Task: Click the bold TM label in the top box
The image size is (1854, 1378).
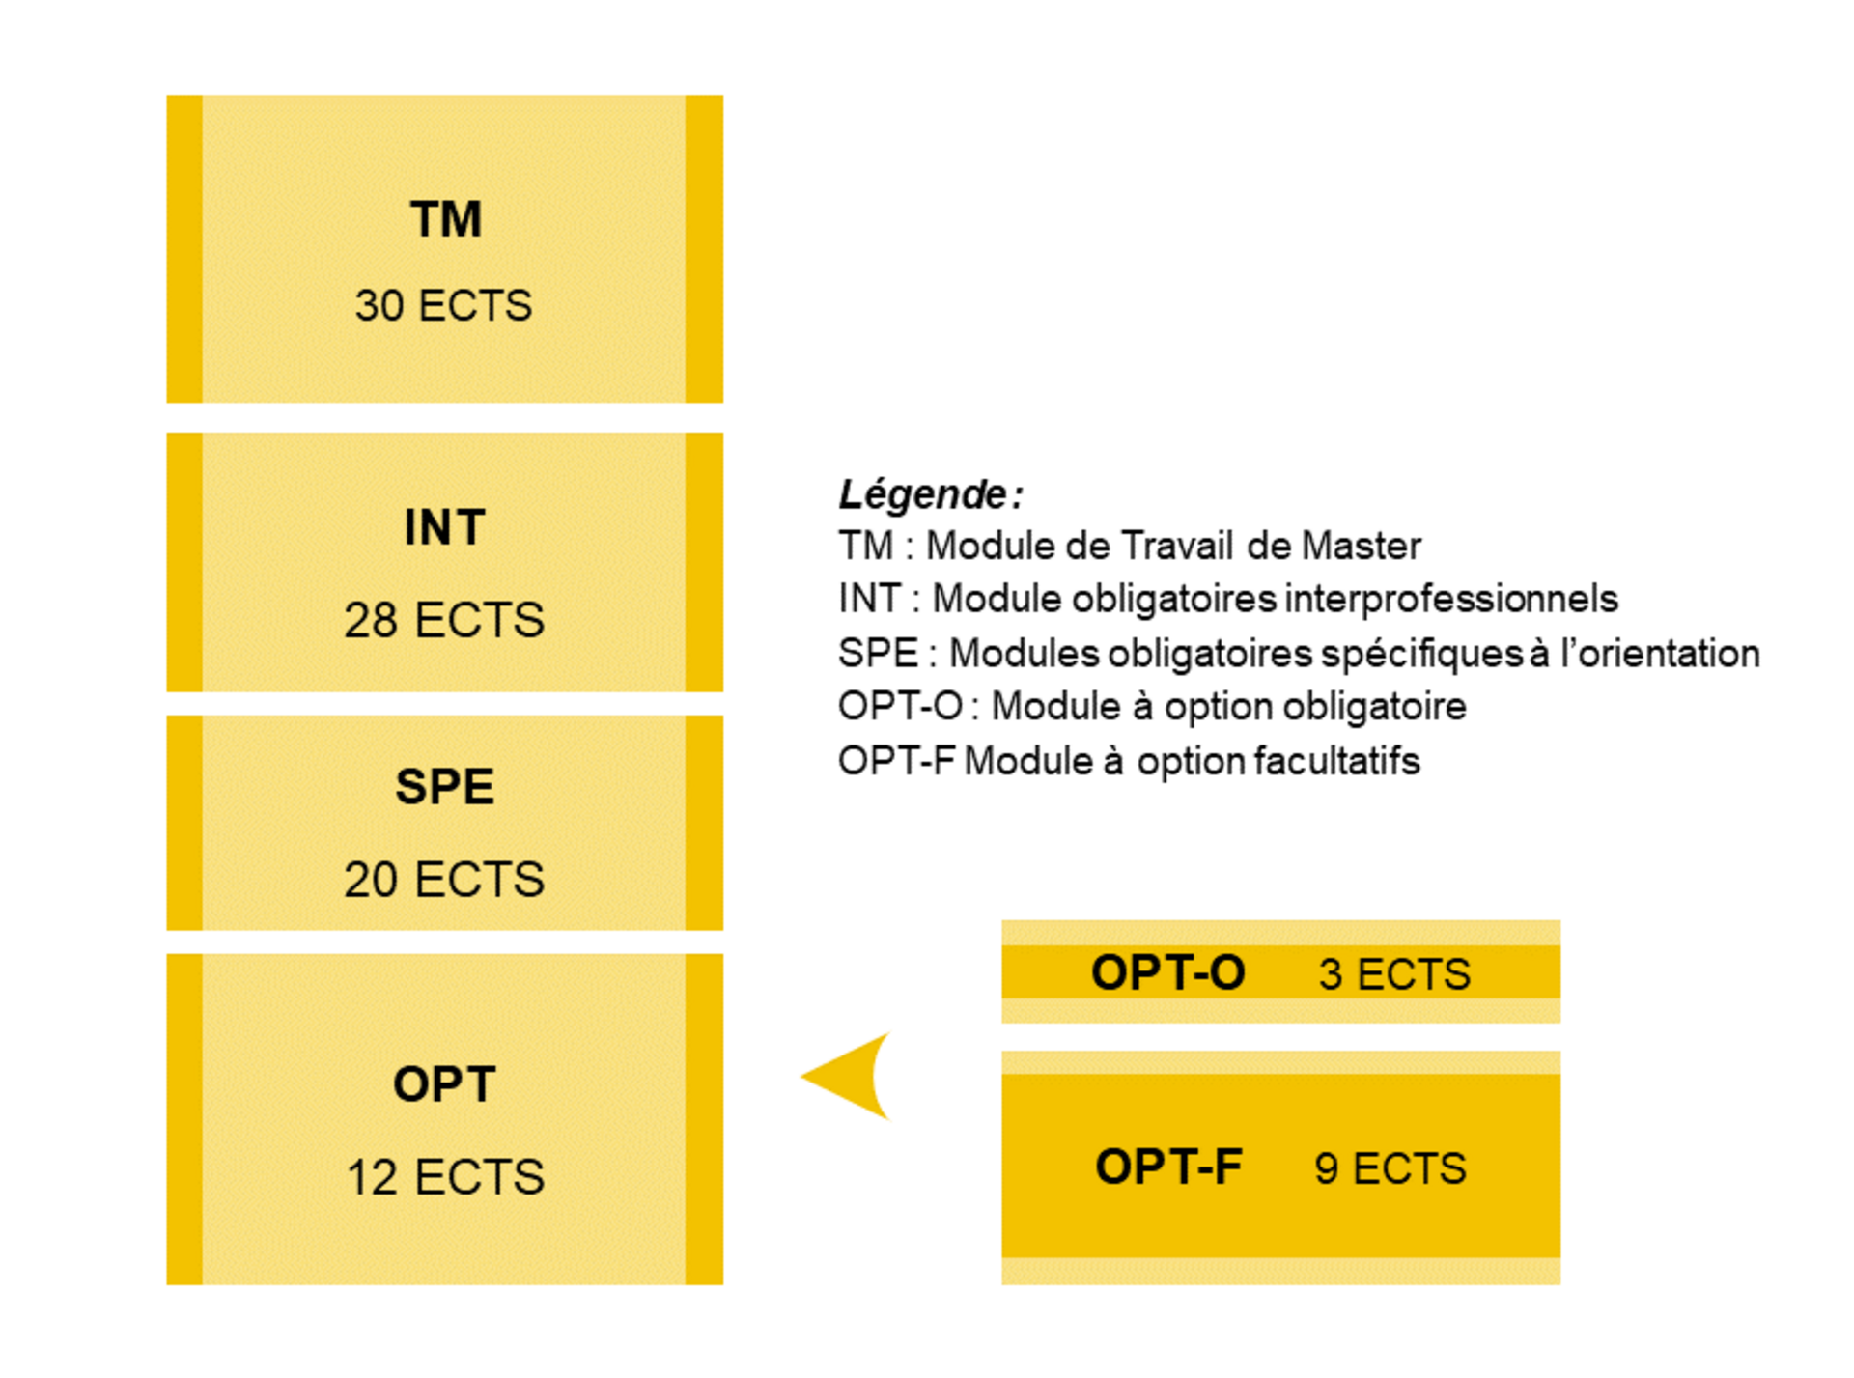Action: [x=445, y=219]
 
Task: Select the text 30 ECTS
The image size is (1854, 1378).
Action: [x=443, y=305]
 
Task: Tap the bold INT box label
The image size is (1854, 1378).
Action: [x=444, y=527]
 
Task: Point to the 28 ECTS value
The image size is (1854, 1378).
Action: [x=444, y=619]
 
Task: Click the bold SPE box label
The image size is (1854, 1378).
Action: [x=444, y=786]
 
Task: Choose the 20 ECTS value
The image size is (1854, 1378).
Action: [x=444, y=879]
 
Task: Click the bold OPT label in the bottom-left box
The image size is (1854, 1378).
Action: [x=444, y=1084]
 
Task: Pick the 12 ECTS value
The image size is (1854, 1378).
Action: [x=445, y=1177]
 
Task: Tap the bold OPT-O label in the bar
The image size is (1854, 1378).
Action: [x=1167, y=972]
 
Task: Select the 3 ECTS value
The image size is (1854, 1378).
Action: [x=1393, y=973]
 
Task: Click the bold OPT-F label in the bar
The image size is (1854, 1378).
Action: [x=1168, y=1167]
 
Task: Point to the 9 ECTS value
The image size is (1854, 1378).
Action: [x=1390, y=1168]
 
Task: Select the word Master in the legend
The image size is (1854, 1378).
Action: [x=1361, y=547]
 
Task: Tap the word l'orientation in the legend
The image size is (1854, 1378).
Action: [x=1660, y=654]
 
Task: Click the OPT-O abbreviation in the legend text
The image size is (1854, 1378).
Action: [x=900, y=707]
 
